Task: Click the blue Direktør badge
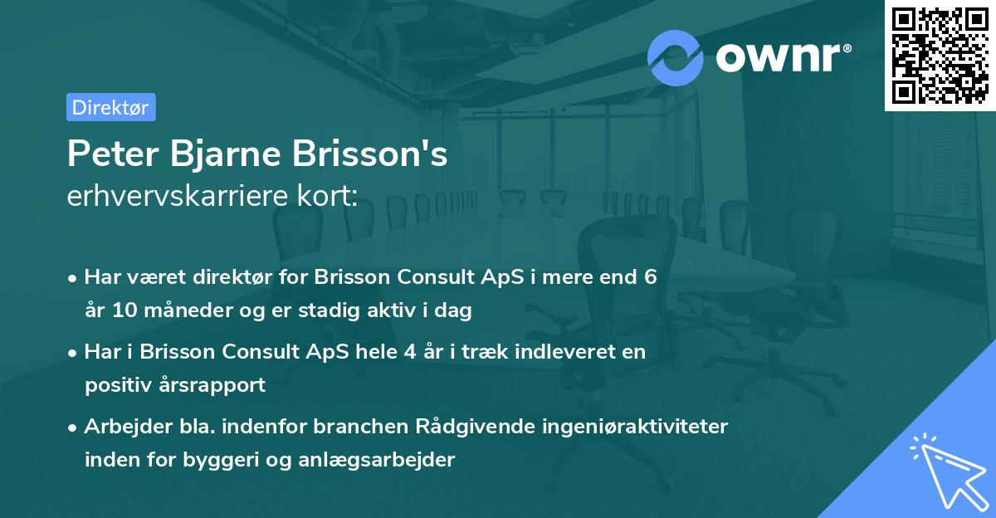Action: tap(110, 107)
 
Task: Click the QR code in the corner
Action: tap(940, 55)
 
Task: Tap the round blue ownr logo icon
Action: tap(676, 56)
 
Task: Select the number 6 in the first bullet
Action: tap(650, 276)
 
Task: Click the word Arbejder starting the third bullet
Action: tap(124, 426)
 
